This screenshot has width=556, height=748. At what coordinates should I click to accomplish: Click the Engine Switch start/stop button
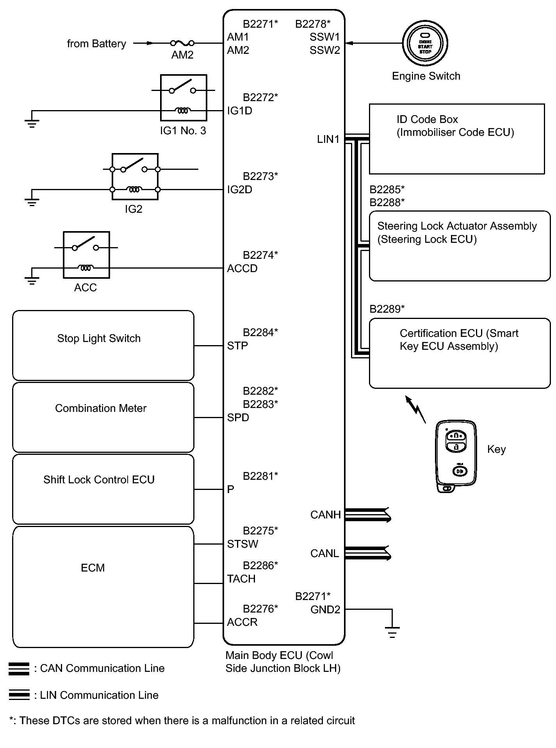[425, 43]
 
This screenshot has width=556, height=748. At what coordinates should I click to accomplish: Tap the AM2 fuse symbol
[182, 43]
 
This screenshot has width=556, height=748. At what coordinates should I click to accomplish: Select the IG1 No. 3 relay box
[184, 98]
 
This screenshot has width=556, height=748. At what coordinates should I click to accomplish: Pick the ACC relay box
[86, 255]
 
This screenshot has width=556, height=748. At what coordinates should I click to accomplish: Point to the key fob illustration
[456, 456]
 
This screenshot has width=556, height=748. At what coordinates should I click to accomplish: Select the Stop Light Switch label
[99, 338]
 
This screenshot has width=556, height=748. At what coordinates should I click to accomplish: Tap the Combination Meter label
[101, 408]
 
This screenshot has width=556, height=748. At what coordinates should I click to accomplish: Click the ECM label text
[93, 568]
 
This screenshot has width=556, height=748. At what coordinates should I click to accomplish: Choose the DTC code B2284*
[260, 332]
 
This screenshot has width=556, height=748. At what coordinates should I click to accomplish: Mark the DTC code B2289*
[387, 309]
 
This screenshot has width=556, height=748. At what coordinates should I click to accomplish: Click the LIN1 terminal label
[328, 139]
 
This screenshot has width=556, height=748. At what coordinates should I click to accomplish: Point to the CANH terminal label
[325, 515]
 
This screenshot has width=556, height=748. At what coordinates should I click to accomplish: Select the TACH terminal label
[241, 579]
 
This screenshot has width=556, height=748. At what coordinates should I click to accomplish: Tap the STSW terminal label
[242, 544]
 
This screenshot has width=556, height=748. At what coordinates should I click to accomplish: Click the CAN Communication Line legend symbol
[19, 669]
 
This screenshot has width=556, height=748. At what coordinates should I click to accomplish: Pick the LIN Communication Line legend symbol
[19, 695]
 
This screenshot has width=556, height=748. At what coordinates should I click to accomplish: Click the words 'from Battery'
[96, 43]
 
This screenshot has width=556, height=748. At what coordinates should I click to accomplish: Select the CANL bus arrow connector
[368, 553]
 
